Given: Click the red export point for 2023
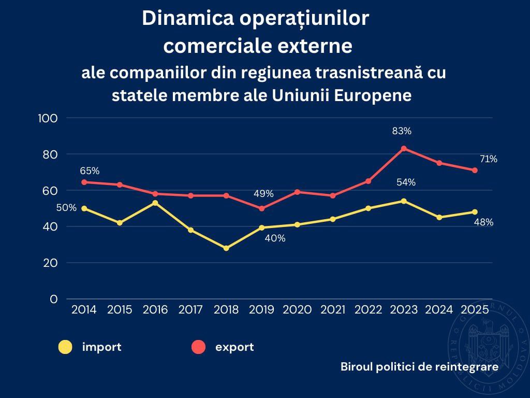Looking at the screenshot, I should [404, 148].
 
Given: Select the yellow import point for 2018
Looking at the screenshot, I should [226, 248].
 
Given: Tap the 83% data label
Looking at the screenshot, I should [402, 131].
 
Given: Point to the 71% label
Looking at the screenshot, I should [488, 159].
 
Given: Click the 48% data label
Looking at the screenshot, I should [483, 222].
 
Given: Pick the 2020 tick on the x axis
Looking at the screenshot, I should [298, 310].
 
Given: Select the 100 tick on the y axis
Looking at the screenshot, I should [48, 118].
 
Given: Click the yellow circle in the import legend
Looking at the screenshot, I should [65, 347].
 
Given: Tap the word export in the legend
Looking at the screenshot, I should [234, 347].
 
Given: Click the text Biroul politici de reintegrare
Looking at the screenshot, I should [419, 366].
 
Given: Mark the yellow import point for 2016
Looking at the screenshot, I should [155, 203].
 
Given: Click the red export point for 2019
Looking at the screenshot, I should [262, 208].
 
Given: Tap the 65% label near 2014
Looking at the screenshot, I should [90, 170].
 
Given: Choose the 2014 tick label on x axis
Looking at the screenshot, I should [84, 310].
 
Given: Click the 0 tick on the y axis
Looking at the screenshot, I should [54, 299].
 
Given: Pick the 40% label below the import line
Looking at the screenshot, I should [275, 239].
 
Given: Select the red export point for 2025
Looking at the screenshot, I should [475, 170].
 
